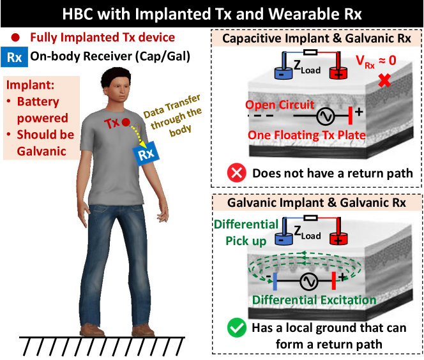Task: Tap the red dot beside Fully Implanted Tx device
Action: [15, 38]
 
